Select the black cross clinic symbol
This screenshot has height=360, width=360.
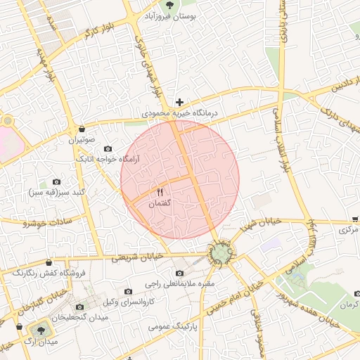pyautogui.click(x=180, y=102)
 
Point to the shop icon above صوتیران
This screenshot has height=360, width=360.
pyautogui.click(x=83, y=129)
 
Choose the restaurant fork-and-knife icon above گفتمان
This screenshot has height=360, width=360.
pyautogui.click(x=160, y=192)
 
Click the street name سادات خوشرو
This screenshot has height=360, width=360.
pyautogui.click(x=44, y=223)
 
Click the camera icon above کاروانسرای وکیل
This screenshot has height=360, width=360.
pyautogui.click(x=128, y=291)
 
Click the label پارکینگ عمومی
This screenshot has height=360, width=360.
pyautogui.click(x=174, y=327)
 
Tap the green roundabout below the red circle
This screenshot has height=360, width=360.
pyautogui.click(x=221, y=254)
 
